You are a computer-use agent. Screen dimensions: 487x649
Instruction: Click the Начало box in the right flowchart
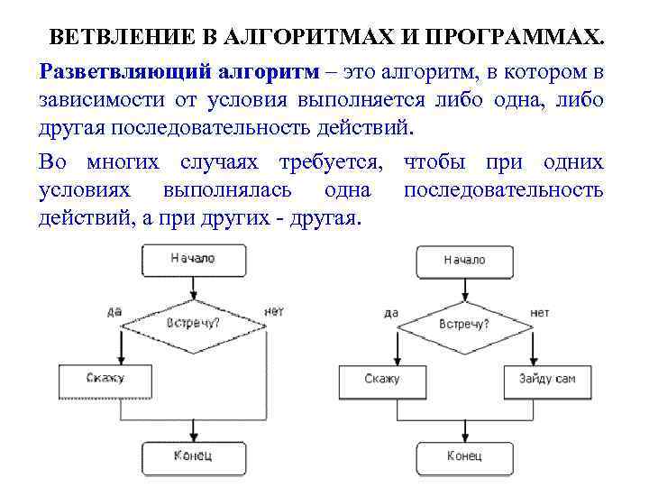(x=463, y=260)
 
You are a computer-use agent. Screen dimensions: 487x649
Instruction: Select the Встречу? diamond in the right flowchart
(x=463, y=324)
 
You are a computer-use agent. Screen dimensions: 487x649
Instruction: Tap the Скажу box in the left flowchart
(x=105, y=379)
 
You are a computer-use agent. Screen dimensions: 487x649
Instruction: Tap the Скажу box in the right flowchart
(x=382, y=379)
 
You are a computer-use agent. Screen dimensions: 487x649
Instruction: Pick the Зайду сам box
(x=546, y=379)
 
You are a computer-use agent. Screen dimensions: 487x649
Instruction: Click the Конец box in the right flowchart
(x=463, y=455)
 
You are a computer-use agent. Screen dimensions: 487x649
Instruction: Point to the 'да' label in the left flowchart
(x=114, y=311)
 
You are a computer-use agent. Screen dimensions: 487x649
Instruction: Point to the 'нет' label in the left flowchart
(x=274, y=311)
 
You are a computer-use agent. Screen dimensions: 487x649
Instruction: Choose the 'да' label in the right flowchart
(x=390, y=313)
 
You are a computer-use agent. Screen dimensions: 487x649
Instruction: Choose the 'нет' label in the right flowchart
(x=540, y=313)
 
